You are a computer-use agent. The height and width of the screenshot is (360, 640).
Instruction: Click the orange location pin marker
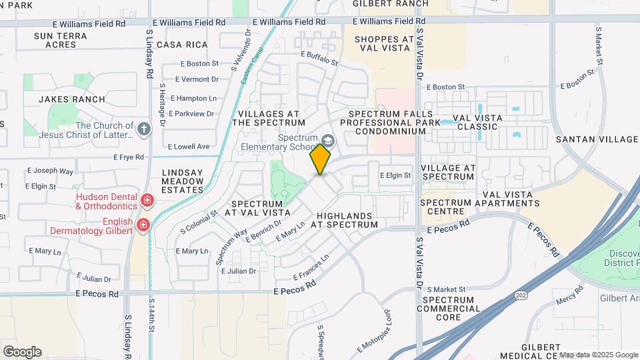pos(321,159)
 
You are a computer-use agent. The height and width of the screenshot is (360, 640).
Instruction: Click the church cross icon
pos(144,128)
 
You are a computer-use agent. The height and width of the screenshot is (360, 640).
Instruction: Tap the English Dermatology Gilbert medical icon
pos(143,225)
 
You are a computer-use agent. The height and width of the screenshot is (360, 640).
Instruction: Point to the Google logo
pos(22,352)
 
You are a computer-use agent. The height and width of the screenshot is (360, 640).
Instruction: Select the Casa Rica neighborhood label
pos(185,45)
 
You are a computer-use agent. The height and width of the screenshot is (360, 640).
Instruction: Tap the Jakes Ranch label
pos(72,99)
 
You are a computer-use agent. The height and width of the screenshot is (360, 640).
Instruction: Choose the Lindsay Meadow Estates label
pos(183,181)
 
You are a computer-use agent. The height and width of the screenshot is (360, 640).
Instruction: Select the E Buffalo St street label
pos(319,59)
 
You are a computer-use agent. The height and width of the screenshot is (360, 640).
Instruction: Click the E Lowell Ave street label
pos(189,146)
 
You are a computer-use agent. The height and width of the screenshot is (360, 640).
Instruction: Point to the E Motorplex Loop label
pos(373,330)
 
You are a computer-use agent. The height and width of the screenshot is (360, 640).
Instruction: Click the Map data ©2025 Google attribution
pos(598,355)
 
